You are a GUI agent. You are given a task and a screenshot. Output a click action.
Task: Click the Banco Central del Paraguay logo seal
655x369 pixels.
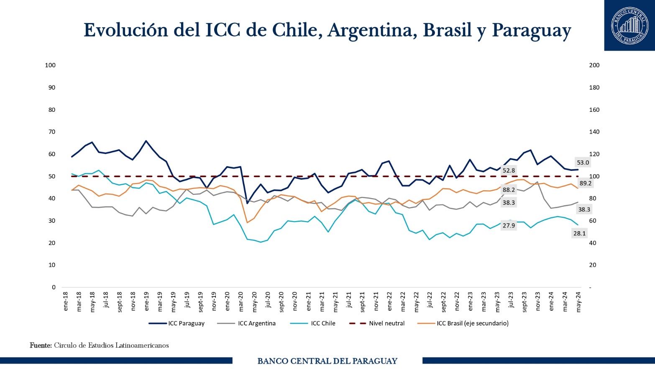[629, 25]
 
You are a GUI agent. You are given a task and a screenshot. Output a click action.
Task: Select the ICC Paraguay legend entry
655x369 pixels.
[177, 323]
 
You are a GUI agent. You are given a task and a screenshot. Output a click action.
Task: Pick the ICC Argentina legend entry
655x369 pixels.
[247, 323]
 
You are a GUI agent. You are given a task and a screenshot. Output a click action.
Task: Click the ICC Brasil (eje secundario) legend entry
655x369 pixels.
[463, 323]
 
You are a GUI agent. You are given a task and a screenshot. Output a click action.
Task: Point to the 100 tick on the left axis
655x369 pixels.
[50, 65]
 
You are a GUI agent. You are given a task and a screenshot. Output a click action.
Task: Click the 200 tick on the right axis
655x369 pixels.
[594, 65]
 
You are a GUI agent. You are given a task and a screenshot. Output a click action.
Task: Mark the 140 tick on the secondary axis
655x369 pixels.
[594, 132]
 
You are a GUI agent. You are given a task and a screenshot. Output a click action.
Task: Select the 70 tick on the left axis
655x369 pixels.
[52, 132]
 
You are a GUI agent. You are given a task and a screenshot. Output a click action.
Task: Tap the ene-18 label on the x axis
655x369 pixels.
[66, 302]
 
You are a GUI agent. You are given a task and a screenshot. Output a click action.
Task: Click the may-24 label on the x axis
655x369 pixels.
[578, 302]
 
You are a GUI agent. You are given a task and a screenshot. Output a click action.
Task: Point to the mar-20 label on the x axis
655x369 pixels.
[241, 302]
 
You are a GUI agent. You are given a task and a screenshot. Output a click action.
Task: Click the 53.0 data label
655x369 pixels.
[583, 163]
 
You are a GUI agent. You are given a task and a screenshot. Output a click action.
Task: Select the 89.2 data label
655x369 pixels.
[585, 183]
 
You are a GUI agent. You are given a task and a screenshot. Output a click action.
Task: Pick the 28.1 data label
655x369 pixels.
[579, 233]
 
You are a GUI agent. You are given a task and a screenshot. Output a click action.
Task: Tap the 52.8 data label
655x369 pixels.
[509, 170]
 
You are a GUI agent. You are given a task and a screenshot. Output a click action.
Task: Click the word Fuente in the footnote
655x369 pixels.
[41, 346]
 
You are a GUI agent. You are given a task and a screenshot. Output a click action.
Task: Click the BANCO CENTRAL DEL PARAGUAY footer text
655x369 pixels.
[327, 361]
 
